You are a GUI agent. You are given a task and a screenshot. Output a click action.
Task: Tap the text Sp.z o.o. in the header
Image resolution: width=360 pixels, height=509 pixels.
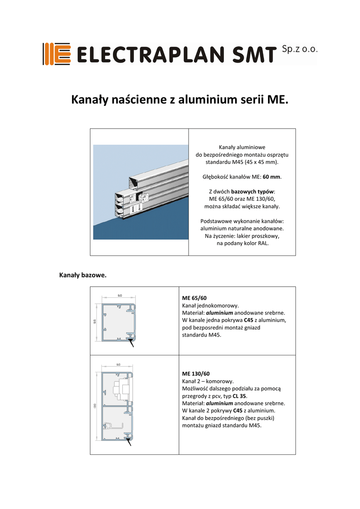click(299, 49)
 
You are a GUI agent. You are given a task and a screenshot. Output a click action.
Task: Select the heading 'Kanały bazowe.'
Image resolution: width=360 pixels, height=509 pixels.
click(83, 274)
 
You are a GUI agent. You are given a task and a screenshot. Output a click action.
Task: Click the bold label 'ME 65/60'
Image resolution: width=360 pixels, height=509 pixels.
click(194, 298)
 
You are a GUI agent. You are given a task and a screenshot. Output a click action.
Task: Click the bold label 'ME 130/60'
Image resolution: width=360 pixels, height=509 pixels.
click(196, 373)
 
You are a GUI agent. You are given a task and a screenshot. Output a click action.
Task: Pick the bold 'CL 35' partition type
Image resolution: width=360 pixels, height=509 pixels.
click(254, 396)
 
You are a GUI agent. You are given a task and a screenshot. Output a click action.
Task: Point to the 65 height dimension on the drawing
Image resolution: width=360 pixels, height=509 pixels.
click(95, 321)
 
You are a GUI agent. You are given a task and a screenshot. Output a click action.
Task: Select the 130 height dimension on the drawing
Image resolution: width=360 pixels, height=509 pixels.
click(94, 406)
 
